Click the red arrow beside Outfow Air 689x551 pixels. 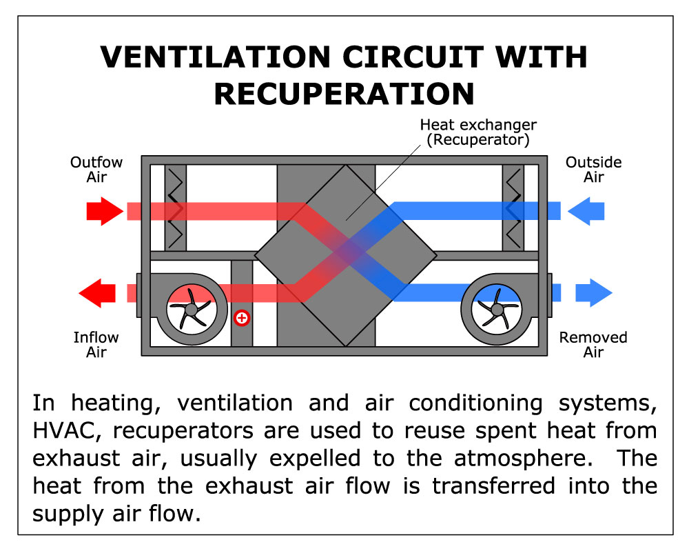103,211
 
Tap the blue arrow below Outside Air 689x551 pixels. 587,211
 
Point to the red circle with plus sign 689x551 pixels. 241,318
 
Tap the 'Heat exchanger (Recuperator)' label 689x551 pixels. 478,132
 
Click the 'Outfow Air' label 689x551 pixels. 96,170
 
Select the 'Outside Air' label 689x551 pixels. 593,170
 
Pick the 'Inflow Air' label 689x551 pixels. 96,345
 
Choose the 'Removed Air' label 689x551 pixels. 593,345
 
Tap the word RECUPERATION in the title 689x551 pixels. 344,94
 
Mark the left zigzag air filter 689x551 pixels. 176,207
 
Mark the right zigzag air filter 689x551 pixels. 513,207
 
